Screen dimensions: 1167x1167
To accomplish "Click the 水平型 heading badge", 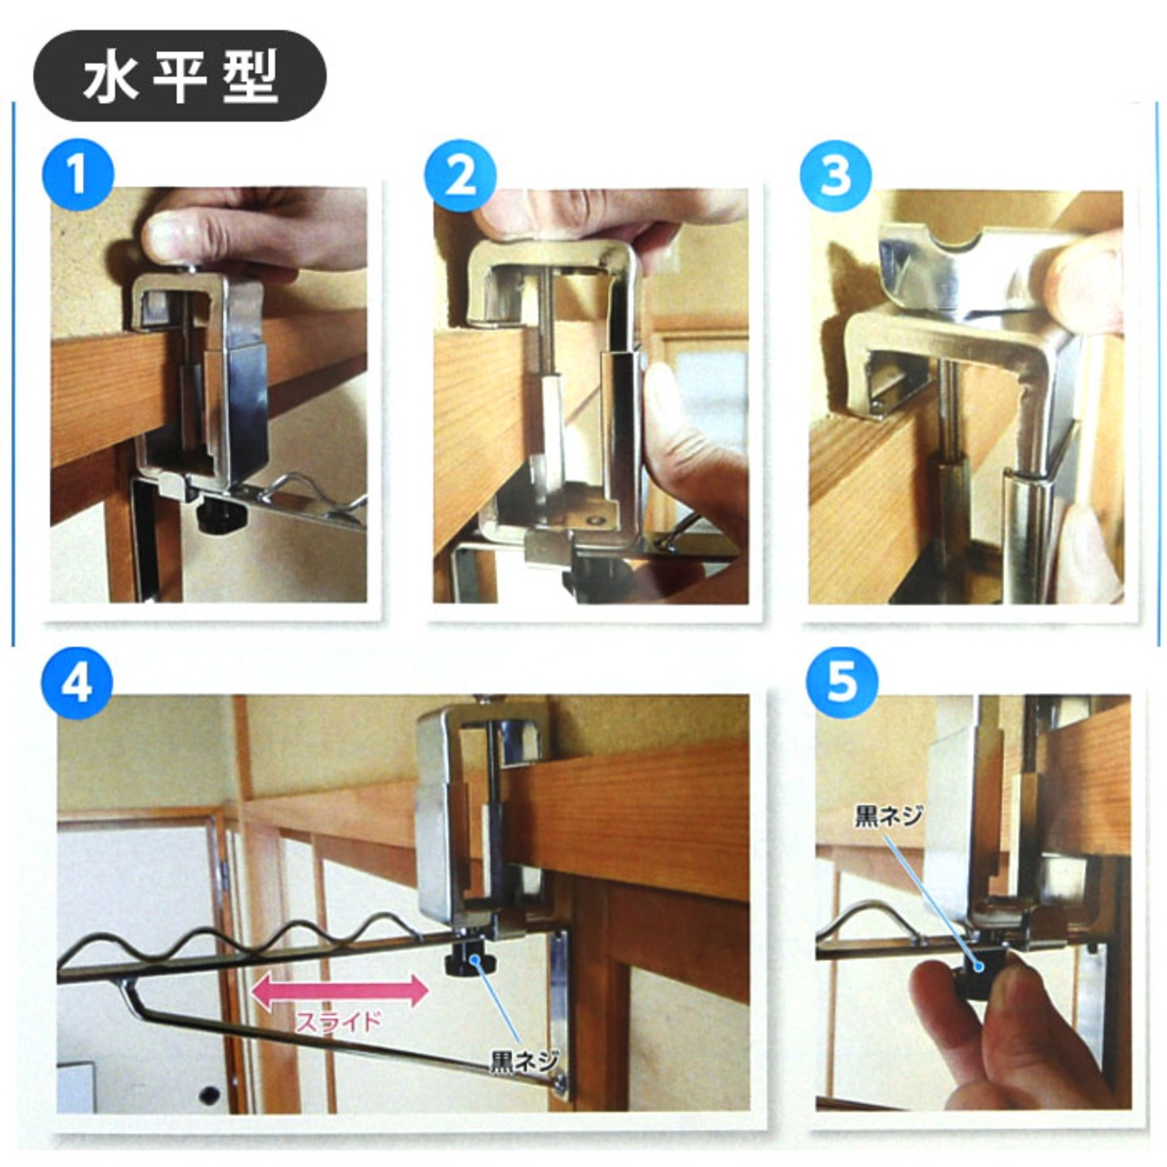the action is pyautogui.click(x=180, y=77).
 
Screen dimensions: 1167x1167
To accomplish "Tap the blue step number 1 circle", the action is pyautogui.click(x=77, y=175).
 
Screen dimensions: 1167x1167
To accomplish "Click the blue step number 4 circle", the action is pyautogui.click(x=77, y=684).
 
